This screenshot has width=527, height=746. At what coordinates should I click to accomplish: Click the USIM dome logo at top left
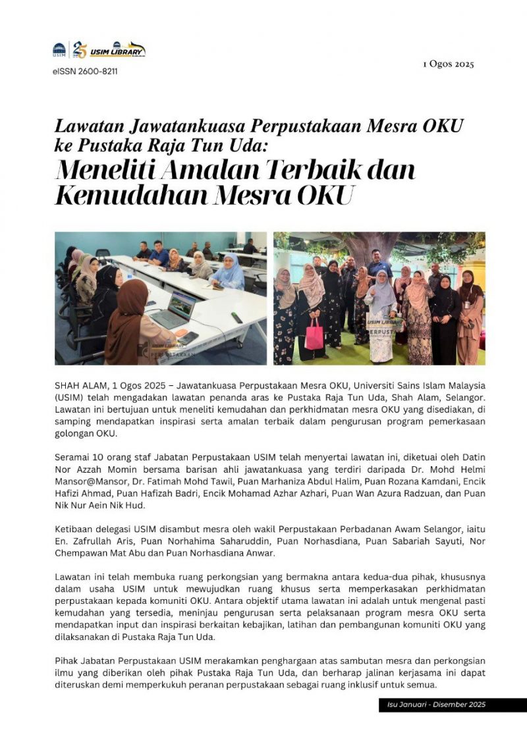tap(60, 50)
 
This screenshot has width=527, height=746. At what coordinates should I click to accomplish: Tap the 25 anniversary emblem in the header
tap(80, 49)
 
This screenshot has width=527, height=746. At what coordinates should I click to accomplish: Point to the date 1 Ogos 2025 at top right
tap(448, 64)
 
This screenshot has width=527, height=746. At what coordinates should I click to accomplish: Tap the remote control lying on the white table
tap(236, 318)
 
